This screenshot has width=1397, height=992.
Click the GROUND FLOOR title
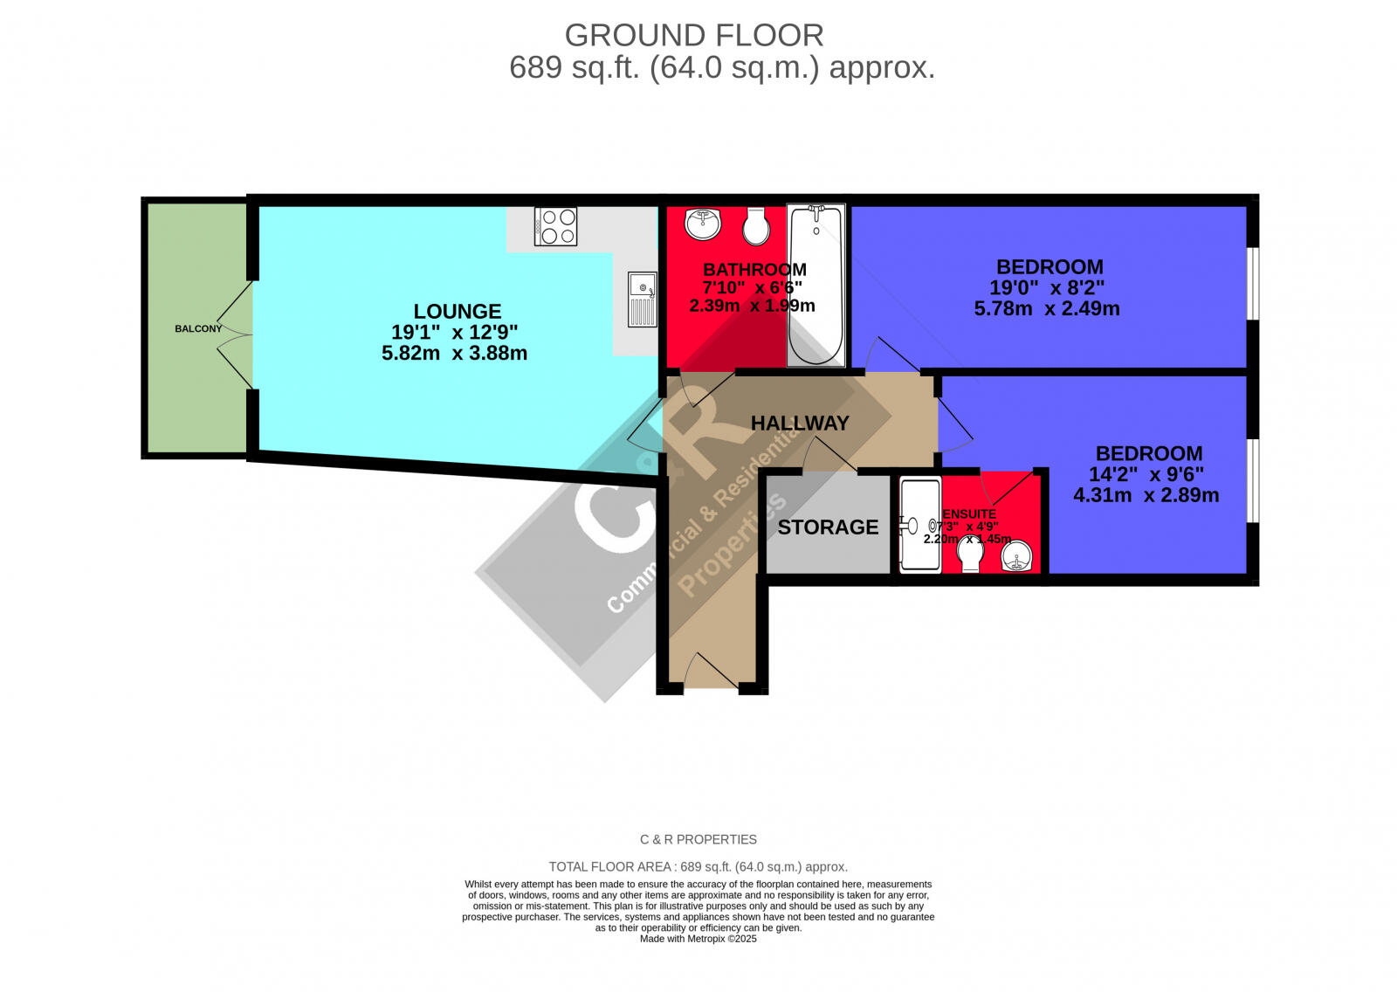[x=694, y=36]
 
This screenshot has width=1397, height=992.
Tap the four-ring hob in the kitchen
[x=555, y=227]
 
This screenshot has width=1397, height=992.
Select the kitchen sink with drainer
[x=642, y=299]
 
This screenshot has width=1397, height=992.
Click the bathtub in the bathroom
[x=815, y=286]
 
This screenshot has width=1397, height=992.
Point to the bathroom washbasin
[x=703, y=224]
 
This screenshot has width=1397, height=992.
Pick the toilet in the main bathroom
[x=756, y=227]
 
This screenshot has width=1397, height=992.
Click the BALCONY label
[x=198, y=328]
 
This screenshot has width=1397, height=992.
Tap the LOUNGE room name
[x=457, y=312]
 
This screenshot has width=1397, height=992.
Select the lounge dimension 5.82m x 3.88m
[x=454, y=354]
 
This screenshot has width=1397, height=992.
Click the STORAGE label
[x=828, y=527]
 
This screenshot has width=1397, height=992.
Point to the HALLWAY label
[x=800, y=424]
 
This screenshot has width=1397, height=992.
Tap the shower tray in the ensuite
[x=920, y=526]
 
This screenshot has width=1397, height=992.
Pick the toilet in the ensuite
[x=970, y=554]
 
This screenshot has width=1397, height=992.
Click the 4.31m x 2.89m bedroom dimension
[x=1146, y=495]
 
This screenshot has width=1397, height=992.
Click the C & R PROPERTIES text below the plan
[x=698, y=839]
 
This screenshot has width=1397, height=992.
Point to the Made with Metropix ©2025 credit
[x=698, y=939]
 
